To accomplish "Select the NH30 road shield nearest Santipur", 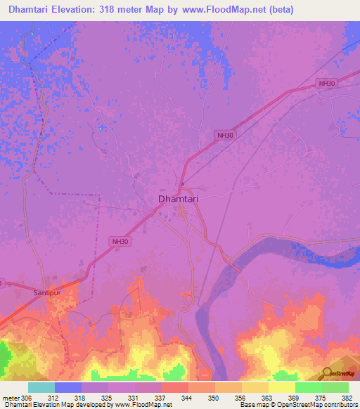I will [x=120, y=241].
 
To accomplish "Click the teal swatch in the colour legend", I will [x=41, y=387].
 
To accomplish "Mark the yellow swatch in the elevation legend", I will [x=282, y=387].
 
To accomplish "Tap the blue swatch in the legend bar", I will [x=68, y=387].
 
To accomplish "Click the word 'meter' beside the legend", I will [x=11, y=397].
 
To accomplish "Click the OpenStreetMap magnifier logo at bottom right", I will [x=328, y=373].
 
